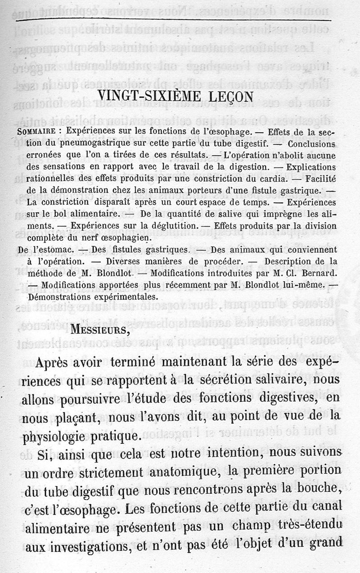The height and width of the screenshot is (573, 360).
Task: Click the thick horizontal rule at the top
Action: click(x=173, y=21)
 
